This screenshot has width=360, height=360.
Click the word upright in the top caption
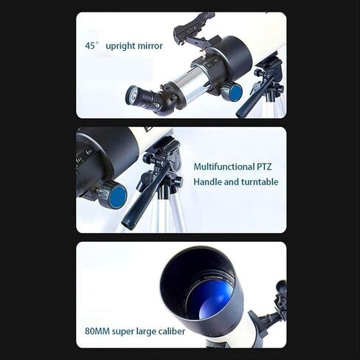click(x=120, y=46)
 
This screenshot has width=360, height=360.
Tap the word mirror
click(x=150, y=46)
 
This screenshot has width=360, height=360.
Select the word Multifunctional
click(x=224, y=167)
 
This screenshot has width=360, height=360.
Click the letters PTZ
click(x=264, y=167)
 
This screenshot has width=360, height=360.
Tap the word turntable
click(x=260, y=182)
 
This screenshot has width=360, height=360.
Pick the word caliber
click(x=172, y=331)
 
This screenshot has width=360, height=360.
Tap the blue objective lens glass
click(x=210, y=300)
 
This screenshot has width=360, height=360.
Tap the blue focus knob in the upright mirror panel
click(x=234, y=91)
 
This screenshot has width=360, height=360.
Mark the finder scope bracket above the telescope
click(x=194, y=30)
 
